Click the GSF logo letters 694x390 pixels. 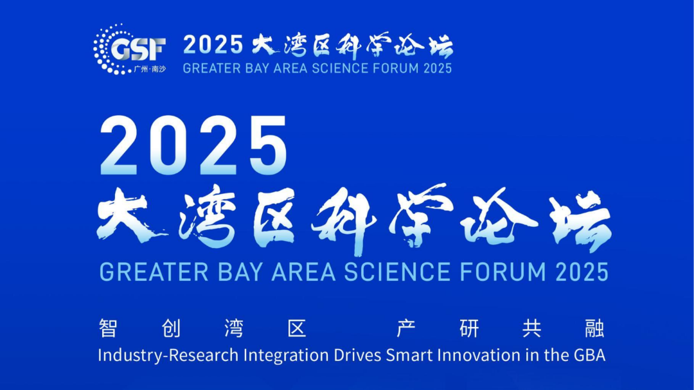[138, 49]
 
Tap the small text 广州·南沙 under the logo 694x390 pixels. [150, 69]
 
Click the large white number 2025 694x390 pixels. [194, 145]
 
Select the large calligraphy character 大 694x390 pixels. [129, 216]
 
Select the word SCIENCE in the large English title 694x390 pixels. [398, 272]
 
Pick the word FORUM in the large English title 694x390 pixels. [503, 272]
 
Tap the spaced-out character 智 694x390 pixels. [108, 328]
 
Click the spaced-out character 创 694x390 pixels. [171, 328]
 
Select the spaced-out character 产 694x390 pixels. [406, 328]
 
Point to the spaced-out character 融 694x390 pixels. [594, 328]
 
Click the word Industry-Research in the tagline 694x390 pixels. [168, 355]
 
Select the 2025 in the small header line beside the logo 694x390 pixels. [213, 45]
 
